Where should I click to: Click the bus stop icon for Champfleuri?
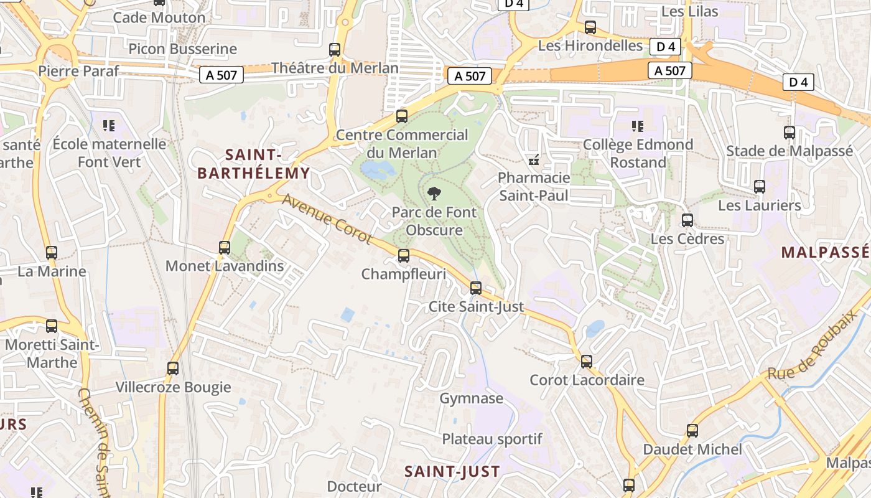404,255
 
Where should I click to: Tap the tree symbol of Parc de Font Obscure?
434,193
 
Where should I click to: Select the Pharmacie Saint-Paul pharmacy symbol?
533,160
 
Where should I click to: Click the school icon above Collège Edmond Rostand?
637,126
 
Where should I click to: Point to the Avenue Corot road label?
327,219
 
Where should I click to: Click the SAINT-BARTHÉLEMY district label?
253,164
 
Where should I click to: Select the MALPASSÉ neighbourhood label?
825,252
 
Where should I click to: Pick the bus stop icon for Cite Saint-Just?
476,288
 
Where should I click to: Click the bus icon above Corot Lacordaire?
587,361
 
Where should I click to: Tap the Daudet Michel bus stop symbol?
692,430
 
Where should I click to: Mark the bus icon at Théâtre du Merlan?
335,50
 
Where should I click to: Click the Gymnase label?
471,398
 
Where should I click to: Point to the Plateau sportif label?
492,439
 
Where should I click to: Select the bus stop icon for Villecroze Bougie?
173,368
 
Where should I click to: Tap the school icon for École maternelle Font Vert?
109,126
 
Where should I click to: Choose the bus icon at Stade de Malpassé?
789,132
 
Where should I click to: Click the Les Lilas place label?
689,11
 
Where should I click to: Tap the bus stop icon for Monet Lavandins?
225,247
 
